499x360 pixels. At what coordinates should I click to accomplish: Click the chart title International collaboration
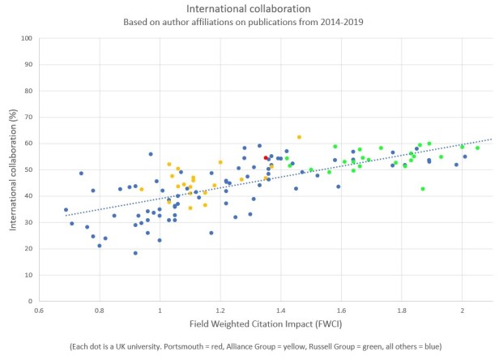pos(249,9)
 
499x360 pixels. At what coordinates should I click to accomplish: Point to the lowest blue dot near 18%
pos(135,253)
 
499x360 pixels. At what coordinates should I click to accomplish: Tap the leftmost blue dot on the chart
pos(66,210)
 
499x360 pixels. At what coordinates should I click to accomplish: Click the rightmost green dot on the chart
pos(477,148)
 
